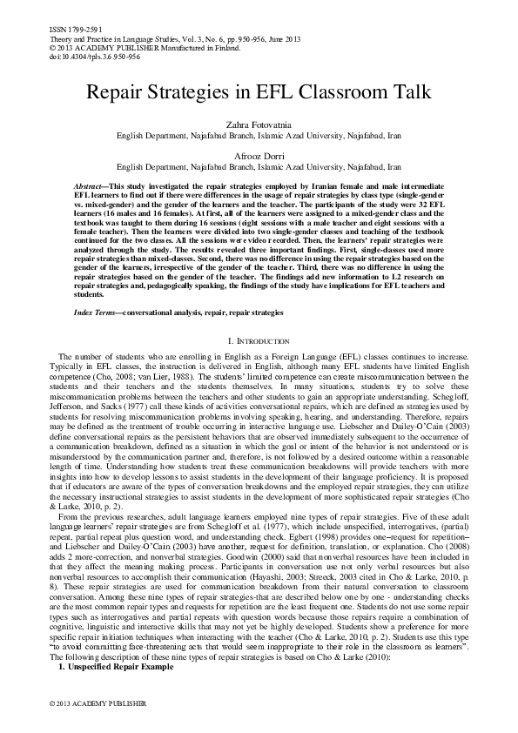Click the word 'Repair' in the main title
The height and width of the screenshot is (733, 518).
click(118, 95)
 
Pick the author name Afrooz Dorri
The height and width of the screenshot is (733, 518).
click(259, 155)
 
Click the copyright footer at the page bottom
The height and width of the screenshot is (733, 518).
click(91, 701)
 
